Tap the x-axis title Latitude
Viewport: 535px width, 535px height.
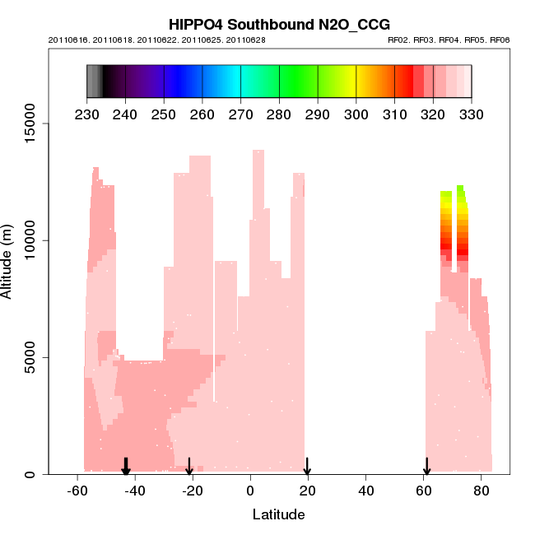(x=278, y=515)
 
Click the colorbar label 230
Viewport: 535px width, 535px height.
(x=87, y=113)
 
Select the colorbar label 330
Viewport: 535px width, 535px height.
(x=472, y=113)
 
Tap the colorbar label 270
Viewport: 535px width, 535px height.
(x=240, y=113)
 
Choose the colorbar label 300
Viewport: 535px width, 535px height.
(x=356, y=113)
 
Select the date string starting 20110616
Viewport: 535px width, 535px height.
(x=156, y=40)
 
